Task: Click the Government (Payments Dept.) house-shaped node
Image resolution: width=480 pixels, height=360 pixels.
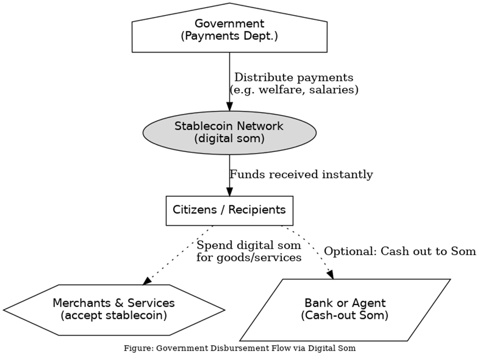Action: (229, 30)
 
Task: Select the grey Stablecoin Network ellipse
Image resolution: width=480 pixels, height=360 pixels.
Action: (229, 132)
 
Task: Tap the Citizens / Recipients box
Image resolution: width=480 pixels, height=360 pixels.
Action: (229, 210)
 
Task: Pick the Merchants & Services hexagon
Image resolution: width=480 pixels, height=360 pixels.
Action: (114, 310)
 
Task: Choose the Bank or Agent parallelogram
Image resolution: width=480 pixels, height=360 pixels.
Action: (345, 310)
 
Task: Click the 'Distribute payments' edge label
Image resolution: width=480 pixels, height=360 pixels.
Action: (293, 77)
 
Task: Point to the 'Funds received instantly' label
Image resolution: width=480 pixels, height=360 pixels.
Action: (301, 175)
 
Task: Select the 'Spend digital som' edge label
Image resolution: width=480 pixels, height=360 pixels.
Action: (249, 245)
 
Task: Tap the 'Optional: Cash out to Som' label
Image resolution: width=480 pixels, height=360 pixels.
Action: (399, 251)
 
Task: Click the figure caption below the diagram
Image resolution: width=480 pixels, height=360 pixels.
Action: (240, 348)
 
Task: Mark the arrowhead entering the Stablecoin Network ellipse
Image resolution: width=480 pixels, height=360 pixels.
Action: (229, 106)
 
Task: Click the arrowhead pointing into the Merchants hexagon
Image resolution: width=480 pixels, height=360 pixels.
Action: (147, 281)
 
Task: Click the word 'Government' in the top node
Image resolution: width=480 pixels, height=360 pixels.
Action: (229, 24)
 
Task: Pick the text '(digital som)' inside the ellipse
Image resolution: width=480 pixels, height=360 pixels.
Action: (229, 138)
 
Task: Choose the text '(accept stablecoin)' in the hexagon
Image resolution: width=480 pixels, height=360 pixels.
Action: (114, 316)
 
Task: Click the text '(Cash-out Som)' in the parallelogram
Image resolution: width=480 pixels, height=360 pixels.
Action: (345, 316)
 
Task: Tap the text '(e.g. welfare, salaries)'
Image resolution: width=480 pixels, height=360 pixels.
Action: (293, 89)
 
